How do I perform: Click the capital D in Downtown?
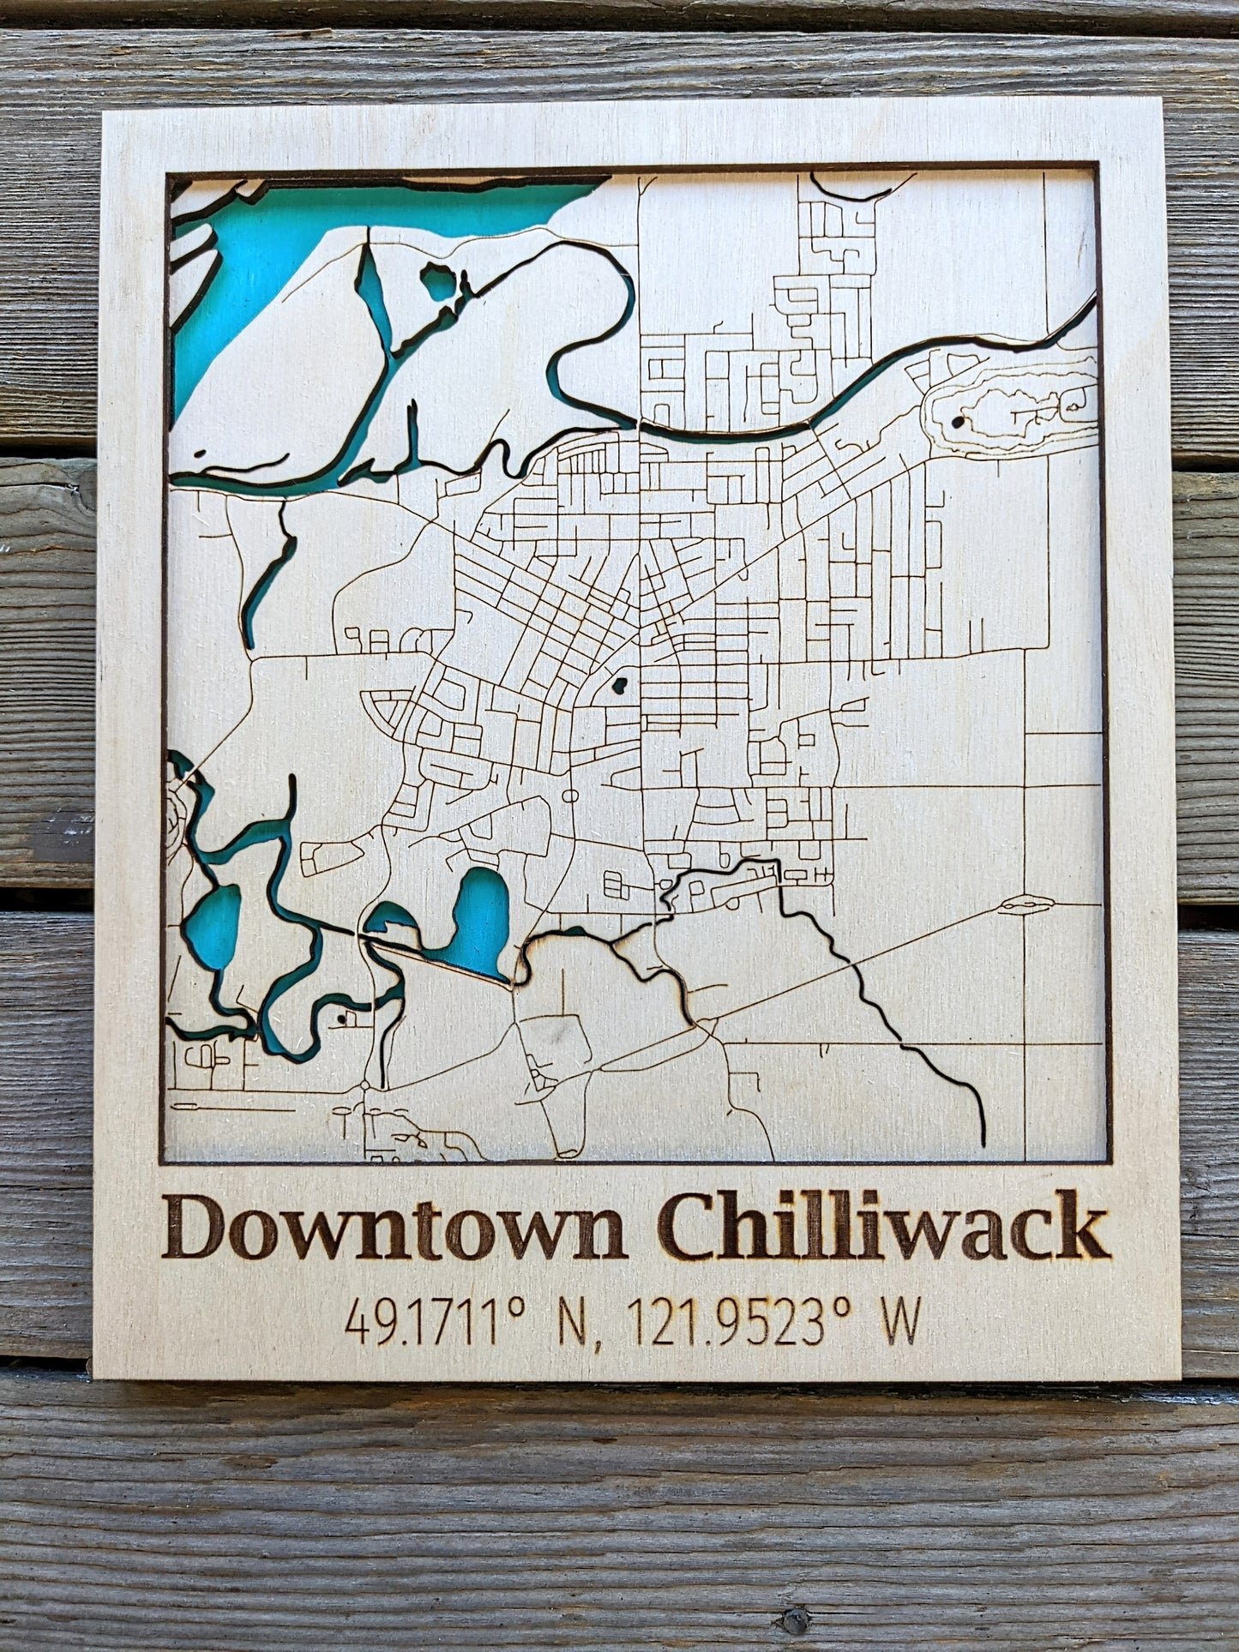click(200, 1228)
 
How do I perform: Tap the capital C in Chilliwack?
click(689, 1228)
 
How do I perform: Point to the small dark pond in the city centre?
click(618, 685)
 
